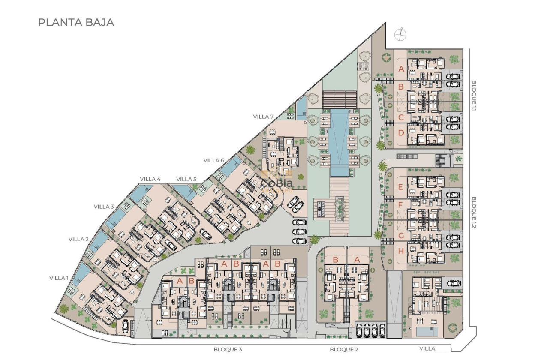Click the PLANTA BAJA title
(76, 22)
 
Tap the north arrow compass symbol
(401, 34)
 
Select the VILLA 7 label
(263, 117)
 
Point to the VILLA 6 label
(214, 160)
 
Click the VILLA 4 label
(150, 179)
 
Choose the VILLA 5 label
(186, 179)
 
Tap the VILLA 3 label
(104, 207)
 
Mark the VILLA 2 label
(78, 240)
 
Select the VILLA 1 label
(59, 278)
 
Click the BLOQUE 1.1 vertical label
(474, 96)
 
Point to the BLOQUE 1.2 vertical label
(474, 212)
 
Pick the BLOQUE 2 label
(344, 349)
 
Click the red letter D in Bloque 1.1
(401, 133)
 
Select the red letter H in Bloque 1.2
(401, 251)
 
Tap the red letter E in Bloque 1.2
(400, 187)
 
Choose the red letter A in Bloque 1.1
(401, 69)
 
